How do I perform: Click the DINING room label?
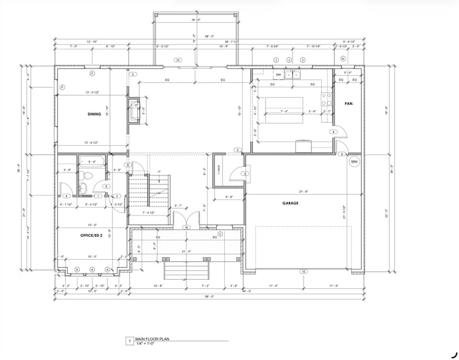point(94,114)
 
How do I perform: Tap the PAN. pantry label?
point(348,104)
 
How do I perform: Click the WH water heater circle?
point(353,162)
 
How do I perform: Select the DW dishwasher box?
point(278,75)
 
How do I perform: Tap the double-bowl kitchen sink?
point(293,75)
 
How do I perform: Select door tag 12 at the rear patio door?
point(178,60)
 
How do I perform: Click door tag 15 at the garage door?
point(304,271)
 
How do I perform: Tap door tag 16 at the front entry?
point(186,228)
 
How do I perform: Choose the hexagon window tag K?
point(343,59)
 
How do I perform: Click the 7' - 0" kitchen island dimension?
point(285,111)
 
